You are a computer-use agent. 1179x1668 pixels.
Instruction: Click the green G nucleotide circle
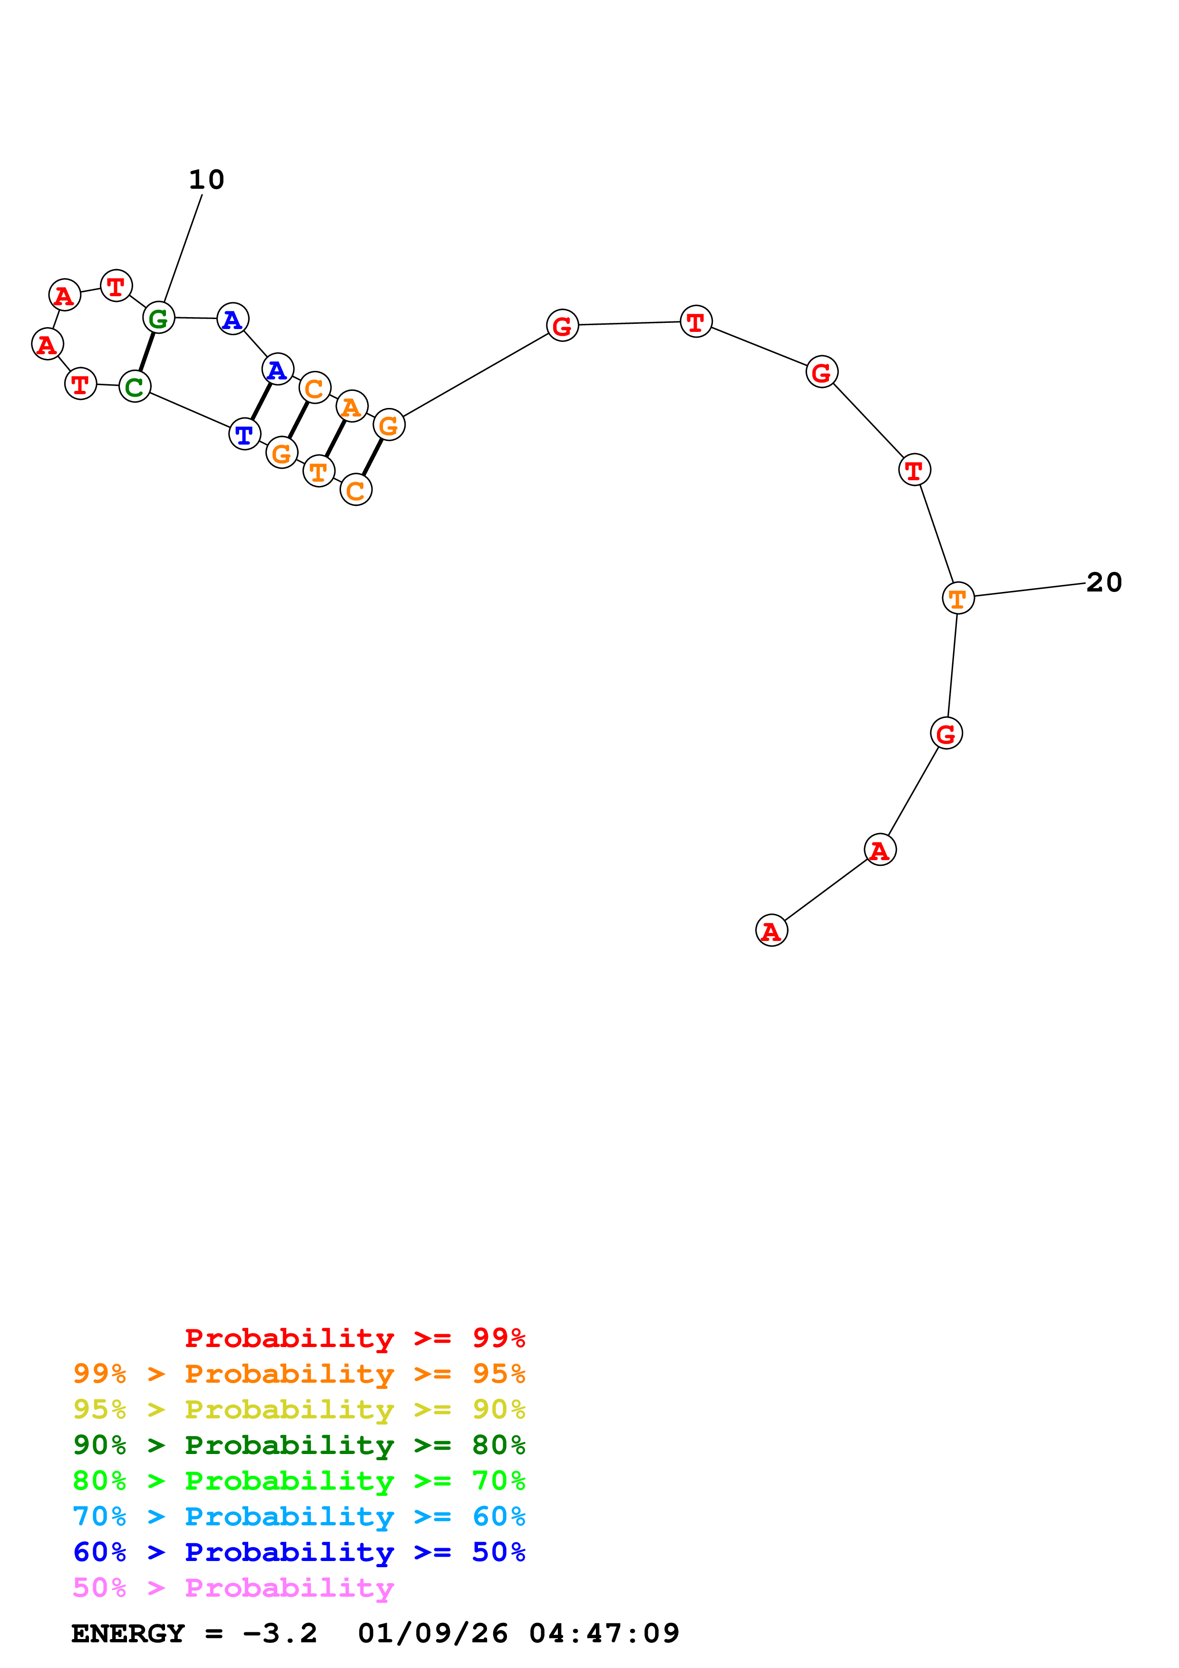(158, 318)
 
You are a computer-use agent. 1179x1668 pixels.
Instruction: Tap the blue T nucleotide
(244, 435)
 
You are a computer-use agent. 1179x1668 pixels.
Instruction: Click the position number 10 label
(206, 179)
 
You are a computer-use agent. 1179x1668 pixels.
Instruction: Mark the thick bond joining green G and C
(147, 351)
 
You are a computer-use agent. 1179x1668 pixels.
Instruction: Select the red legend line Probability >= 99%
(354, 1338)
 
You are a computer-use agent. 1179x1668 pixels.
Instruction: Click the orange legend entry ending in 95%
(299, 1373)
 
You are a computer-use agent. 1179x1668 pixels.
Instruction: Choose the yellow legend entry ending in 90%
(299, 1409)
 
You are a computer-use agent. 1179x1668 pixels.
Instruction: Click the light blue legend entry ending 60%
(299, 1516)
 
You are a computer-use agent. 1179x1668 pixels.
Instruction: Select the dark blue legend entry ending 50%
(299, 1552)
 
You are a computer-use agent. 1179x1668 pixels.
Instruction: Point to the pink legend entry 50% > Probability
(233, 1587)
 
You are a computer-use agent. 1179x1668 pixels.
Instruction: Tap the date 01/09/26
(432, 1633)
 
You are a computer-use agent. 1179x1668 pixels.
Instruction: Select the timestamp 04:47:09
(604, 1633)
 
